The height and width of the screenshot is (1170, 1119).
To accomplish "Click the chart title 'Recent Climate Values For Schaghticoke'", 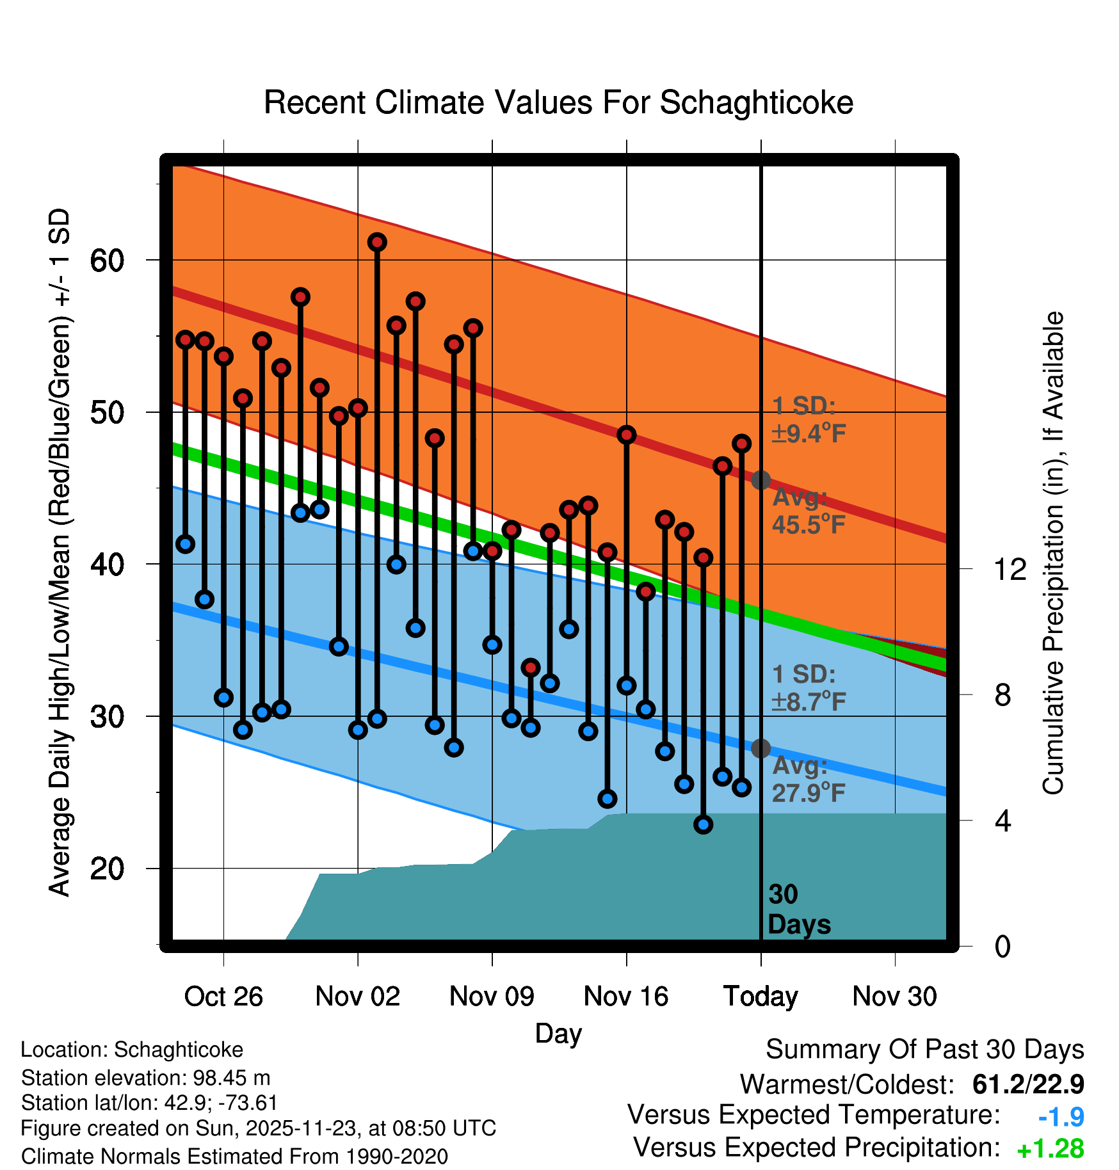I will point(558,103).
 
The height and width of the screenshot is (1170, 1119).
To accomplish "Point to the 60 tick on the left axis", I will point(107,260).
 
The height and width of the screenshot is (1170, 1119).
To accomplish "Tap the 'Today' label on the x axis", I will point(761,997).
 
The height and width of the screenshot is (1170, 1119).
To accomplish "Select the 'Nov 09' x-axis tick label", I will point(492,997).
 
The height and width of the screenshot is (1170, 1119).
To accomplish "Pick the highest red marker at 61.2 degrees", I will point(377,242).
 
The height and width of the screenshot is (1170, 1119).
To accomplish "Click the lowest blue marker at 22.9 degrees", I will point(704,824).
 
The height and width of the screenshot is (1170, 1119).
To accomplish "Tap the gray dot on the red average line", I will point(761,480).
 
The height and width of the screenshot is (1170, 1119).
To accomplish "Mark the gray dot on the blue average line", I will point(761,748).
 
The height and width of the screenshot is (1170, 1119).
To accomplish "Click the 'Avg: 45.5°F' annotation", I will point(809,511).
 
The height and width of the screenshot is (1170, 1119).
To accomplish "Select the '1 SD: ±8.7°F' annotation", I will point(809,688).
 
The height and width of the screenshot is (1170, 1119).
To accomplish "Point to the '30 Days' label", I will point(798,910).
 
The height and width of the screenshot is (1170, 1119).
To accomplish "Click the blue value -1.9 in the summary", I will point(1061,1117).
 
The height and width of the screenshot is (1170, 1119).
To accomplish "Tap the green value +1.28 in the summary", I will point(1050,1149).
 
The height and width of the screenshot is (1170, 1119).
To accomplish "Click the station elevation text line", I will point(145,1078).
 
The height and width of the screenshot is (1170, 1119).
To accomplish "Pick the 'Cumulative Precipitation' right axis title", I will point(1052,554).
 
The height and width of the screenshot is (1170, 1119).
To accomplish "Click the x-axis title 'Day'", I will point(558,1033).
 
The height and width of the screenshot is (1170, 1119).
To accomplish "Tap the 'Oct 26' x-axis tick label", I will point(223,997).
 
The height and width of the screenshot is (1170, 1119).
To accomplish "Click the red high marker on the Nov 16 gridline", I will point(626,435).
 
